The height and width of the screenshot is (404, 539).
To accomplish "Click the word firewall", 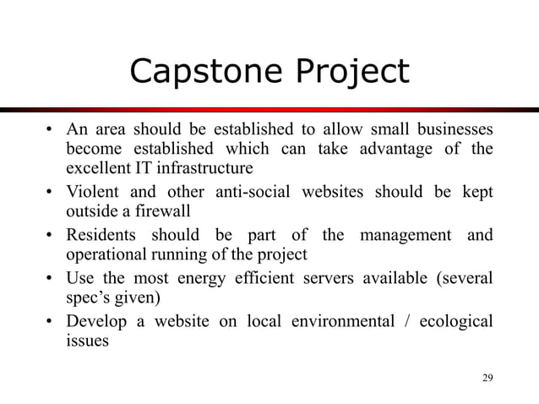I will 173,210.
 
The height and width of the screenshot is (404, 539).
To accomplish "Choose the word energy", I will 221,280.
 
